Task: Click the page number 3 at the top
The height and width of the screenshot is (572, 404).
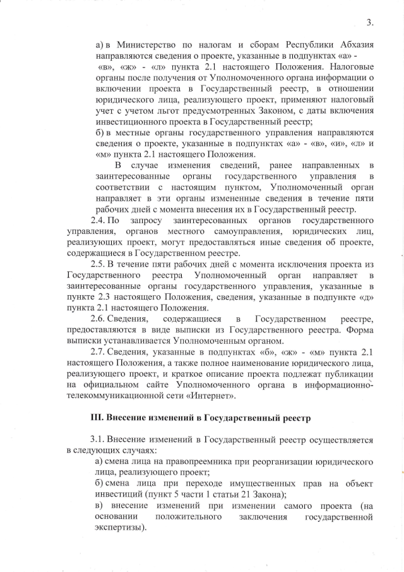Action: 369,24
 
